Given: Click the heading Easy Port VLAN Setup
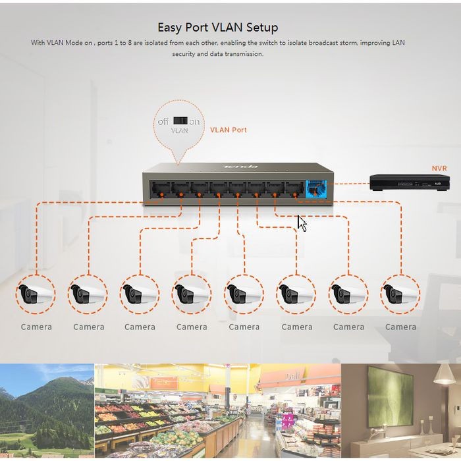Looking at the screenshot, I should [218, 27].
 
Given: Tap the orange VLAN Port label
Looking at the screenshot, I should [229, 130].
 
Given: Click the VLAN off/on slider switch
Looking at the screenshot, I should [180, 121].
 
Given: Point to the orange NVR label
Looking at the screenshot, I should [439, 169].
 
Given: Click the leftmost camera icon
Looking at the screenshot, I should [36, 294].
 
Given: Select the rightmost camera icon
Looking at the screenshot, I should [400, 294].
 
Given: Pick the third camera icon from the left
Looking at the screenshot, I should [140, 294].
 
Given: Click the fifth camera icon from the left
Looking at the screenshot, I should [244, 294].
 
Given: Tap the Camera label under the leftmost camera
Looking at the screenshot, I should [36, 327].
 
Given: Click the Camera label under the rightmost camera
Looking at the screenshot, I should [400, 327].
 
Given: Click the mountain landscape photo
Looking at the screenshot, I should [46, 410].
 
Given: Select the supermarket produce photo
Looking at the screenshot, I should [217, 410].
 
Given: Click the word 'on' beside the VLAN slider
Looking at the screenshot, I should [194, 122].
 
